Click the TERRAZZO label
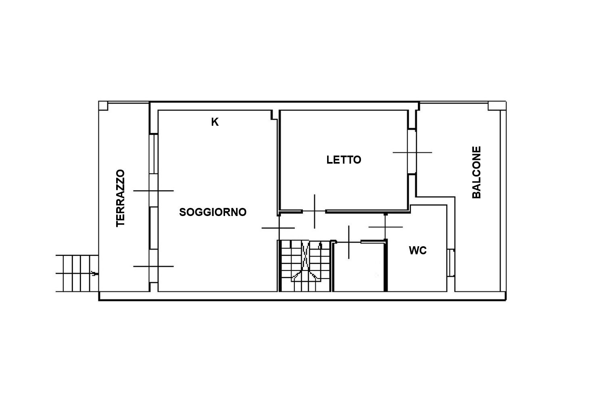(121, 198)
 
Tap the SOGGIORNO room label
(213, 212)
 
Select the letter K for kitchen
(215, 122)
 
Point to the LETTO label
(344, 160)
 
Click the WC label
(418, 251)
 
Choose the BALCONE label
(476, 172)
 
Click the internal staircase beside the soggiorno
(305, 266)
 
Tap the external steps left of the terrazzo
(77, 273)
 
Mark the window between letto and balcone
(412, 152)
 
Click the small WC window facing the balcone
(451, 263)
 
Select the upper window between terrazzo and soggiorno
(153, 154)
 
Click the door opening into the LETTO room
(314, 211)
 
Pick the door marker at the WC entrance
(386, 227)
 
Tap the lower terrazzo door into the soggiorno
(153, 266)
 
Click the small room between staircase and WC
(359, 267)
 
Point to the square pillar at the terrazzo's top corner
(103, 106)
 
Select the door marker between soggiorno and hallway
(278, 228)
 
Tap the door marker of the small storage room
(349, 242)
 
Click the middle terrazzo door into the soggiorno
(153, 191)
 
